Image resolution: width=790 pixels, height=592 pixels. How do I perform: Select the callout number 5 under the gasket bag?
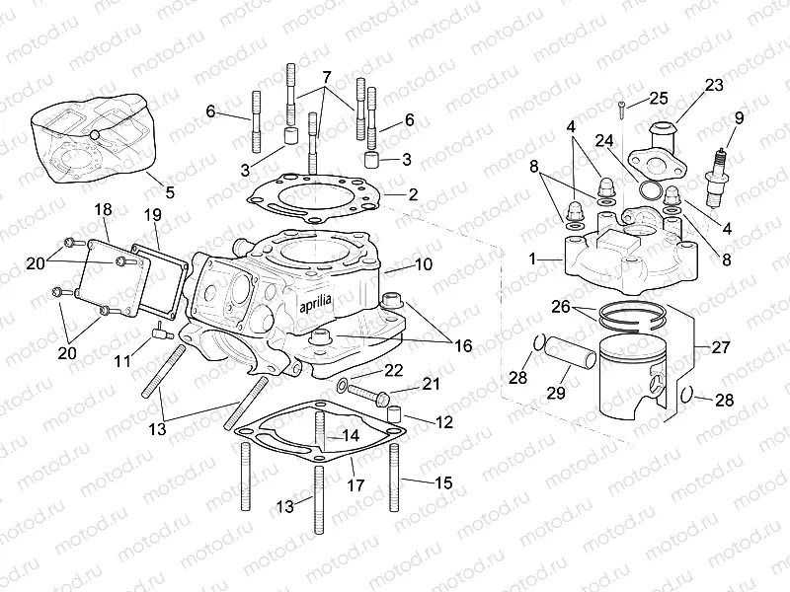pyautogui.click(x=169, y=192)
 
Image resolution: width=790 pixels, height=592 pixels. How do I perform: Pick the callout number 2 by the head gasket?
pyautogui.click(x=414, y=195)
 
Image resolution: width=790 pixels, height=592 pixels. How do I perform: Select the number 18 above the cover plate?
pyautogui.click(x=103, y=210)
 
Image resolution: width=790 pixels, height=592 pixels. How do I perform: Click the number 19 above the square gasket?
pyautogui.click(x=152, y=214)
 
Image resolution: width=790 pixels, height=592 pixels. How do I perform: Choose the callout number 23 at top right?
pyautogui.click(x=714, y=86)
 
